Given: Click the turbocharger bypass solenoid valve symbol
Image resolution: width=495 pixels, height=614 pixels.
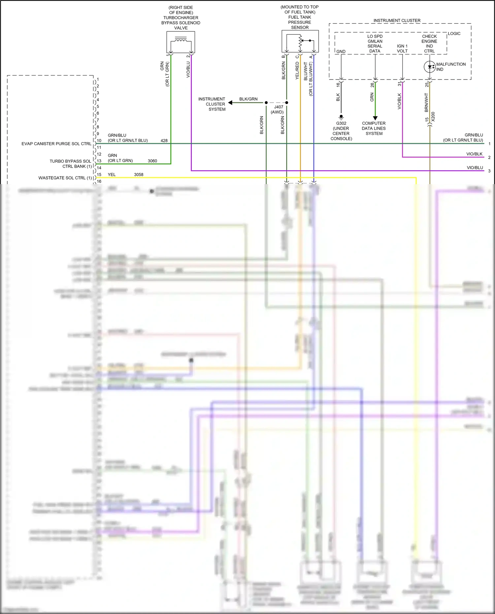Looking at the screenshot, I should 181,42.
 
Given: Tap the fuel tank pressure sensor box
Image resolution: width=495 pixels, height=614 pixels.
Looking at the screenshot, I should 300,41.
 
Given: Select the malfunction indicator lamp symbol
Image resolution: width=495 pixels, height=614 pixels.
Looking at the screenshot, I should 429,67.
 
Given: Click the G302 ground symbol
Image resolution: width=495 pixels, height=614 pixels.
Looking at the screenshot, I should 341,116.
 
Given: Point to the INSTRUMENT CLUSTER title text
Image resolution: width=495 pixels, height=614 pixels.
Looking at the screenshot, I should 397,20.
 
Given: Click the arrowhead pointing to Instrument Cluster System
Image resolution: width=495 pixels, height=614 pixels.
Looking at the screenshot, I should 230,103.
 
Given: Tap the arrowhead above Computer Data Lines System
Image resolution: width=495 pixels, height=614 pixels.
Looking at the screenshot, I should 375,118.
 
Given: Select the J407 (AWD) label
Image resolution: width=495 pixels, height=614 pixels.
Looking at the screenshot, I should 278,110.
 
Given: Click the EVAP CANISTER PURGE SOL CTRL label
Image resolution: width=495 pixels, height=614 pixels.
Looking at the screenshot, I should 56,144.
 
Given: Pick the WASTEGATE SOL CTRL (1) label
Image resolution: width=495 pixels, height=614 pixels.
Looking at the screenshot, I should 65,178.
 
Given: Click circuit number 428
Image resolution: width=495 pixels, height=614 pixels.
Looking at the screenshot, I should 164,141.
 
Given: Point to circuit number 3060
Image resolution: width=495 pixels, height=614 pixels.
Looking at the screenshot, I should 152,161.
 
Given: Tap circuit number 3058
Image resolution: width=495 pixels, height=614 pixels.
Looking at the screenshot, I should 139,175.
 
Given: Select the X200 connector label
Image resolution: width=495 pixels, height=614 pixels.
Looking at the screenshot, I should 433,117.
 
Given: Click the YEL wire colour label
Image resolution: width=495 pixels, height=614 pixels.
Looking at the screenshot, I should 112,175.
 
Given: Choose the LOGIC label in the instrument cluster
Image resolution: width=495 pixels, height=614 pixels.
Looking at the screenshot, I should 454,34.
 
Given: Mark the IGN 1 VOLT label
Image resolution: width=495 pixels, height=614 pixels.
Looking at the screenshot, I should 402,48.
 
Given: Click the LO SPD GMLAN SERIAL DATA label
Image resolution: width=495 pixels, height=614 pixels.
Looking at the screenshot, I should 375,44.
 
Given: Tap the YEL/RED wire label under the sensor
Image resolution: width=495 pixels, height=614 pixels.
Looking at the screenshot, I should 297,71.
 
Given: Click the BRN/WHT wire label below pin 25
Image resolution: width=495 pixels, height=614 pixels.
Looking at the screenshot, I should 426,102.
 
